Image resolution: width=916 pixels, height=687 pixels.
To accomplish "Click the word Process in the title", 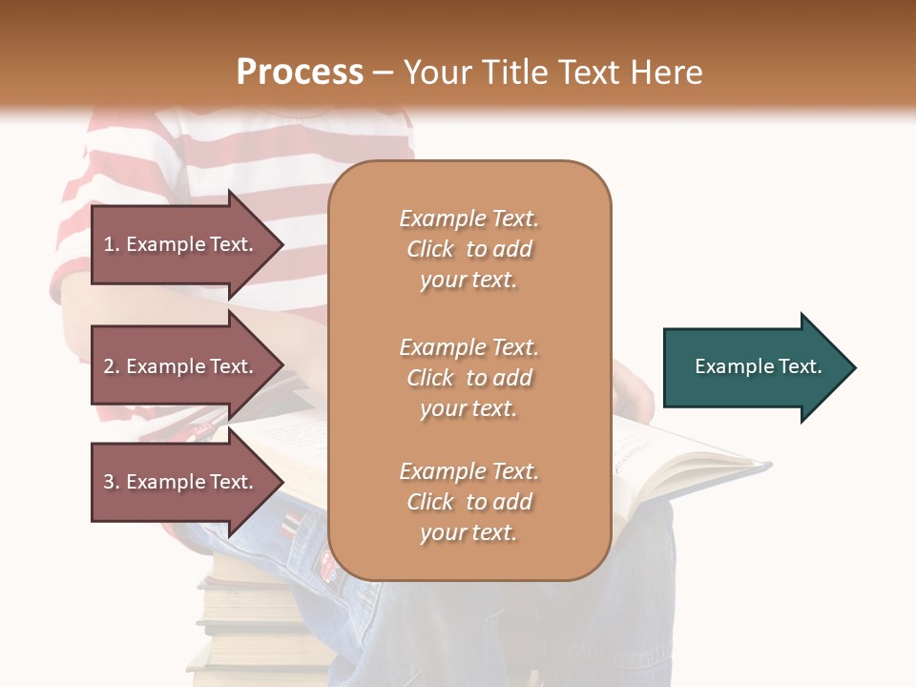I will (x=300, y=73).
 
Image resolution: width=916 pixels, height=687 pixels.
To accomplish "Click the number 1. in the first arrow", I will (x=112, y=244).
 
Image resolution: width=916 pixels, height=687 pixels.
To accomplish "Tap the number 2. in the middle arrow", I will (x=112, y=366).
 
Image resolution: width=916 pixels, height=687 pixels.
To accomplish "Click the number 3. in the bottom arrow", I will (x=112, y=482).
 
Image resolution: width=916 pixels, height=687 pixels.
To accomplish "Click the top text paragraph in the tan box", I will (x=468, y=249).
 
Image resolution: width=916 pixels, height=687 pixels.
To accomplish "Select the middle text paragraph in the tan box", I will (x=468, y=378).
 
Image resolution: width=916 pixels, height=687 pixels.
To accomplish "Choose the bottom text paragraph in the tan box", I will (x=468, y=502).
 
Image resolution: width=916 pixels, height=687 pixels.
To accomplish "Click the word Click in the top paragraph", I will (x=430, y=249).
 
